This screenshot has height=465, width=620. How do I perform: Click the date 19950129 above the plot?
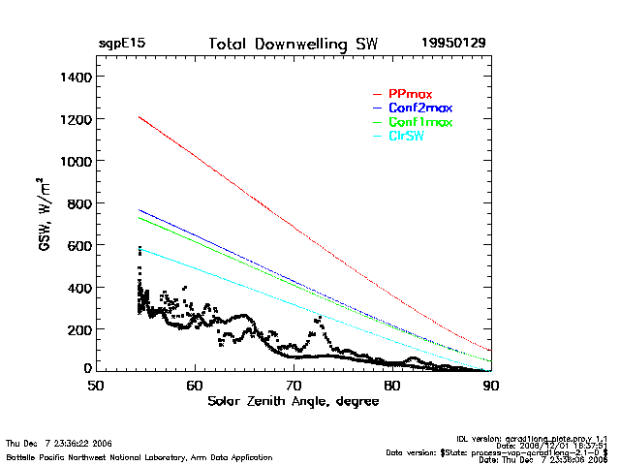tap(454, 45)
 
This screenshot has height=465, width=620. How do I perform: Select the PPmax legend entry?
tap(410, 93)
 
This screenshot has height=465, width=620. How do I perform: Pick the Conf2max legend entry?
tap(419, 108)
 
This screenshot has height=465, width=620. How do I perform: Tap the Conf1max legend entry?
tap(419, 122)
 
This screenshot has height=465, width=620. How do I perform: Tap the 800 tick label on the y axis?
tap(77, 203)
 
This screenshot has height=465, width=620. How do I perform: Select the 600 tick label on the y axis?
tap(77, 246)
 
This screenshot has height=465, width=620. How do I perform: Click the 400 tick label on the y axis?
tap(77, 289)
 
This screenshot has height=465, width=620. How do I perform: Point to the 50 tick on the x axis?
tap(96, 385)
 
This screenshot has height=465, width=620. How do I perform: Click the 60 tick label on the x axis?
tap(195, 385)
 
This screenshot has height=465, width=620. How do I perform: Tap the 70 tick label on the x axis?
tap(294, 385)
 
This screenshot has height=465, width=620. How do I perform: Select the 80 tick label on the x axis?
tap(392, 385)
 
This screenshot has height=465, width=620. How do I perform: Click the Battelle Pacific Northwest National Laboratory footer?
tap(139, 456)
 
